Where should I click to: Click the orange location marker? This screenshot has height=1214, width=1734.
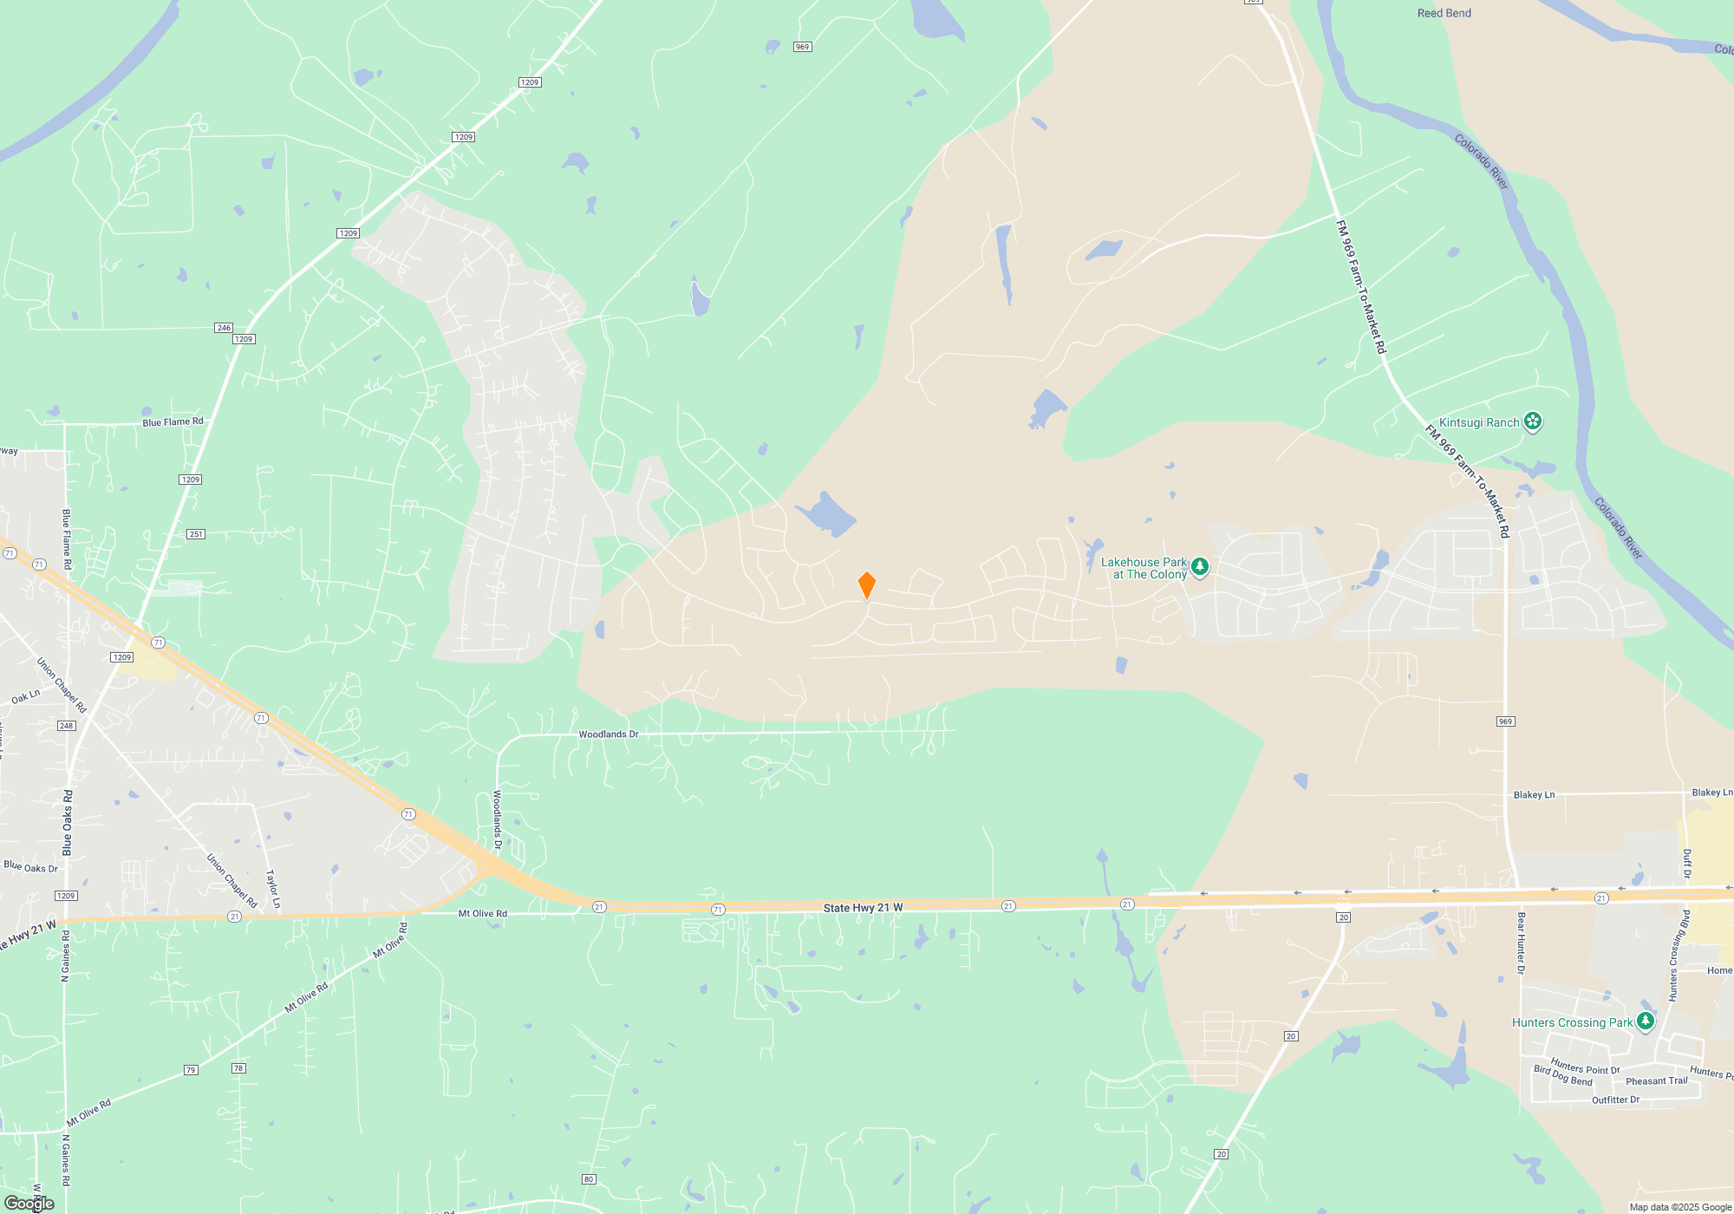(866, 584)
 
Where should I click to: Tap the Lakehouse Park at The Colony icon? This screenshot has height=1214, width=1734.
(1200, 568)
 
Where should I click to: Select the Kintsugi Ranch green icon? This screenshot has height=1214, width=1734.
(1533, 422)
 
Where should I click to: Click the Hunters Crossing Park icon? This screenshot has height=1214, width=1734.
(1645, 1021)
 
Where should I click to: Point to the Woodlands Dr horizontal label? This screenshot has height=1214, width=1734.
(608, 734)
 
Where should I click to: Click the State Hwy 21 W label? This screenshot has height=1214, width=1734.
(863, 908)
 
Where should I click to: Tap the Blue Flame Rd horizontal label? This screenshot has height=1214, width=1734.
(173, 422)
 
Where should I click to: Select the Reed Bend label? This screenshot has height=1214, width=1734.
(1444, 13)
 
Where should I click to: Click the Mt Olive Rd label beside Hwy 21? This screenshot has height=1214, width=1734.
(482, 914)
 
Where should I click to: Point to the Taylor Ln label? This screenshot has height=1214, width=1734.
(271, 889)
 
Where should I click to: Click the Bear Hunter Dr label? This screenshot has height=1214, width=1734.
(1521, 942)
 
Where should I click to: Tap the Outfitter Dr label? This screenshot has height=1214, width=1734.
(1615, 1100)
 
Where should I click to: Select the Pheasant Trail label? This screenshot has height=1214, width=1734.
(1656, 1081)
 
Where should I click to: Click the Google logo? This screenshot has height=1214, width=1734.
(29, 1204)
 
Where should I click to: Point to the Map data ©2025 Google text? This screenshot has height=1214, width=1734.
(1679, 1207)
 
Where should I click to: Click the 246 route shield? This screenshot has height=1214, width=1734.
(224, 328)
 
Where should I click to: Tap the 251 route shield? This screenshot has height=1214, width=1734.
(196, 534)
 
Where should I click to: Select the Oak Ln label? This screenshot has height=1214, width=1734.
(25, 697)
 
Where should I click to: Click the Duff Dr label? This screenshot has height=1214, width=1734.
(1687, 864)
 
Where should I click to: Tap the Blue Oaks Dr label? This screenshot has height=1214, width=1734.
(30, 867)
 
